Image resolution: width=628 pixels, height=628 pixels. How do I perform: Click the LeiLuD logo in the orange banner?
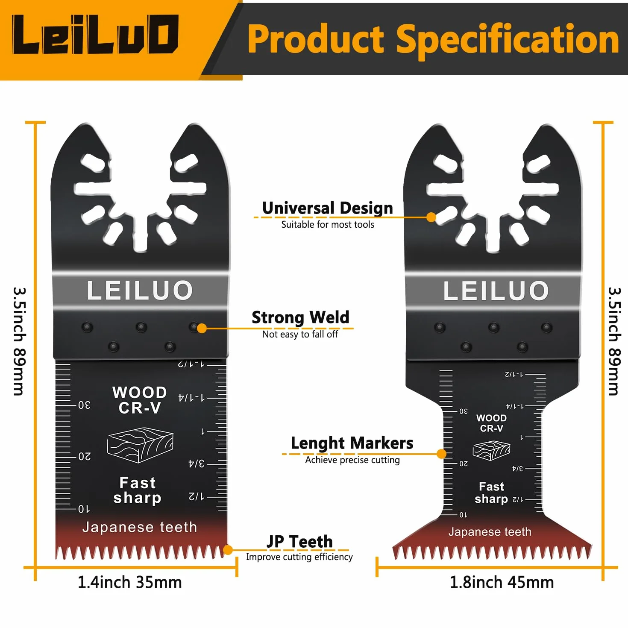click(x=95, y=34)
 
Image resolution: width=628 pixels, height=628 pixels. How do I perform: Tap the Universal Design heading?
click(x=328, y=208)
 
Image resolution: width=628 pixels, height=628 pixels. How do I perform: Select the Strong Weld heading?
click(x=300, y=317)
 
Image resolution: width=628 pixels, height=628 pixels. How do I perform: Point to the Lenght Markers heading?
click(x=352, y=443)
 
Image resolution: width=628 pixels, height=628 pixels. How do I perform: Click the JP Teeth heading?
click(x=299, y=542)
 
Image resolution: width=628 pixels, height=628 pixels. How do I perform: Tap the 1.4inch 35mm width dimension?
click(x=130, y=582)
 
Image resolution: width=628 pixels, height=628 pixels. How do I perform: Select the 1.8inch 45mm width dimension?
click(x=502, y=582)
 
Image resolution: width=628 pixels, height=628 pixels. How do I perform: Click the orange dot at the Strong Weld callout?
click(x=202, y=328)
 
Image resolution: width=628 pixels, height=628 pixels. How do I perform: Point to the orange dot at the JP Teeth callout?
click(x=228, y=550)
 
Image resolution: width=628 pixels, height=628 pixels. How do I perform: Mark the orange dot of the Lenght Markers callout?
click(x=441, y=454)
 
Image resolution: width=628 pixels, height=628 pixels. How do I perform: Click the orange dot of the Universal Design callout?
click(x=431, y=217)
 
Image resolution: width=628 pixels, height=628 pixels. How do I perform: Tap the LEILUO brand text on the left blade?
click(x=140, y=290)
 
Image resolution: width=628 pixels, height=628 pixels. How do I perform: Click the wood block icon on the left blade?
click(x=140, y=445)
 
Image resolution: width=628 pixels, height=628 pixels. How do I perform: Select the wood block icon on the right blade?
click(x=491, y=450)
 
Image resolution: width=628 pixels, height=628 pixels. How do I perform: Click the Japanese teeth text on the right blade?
click(x=490, y=532)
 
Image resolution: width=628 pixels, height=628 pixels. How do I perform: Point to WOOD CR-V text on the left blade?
click(x=139, y=400)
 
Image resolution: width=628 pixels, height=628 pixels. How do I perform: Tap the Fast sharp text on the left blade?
click(x=137, y=490)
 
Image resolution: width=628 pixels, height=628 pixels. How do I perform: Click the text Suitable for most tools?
click(x=328, y=225)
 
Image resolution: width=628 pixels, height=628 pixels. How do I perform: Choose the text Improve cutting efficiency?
click(x=299, y=557)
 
